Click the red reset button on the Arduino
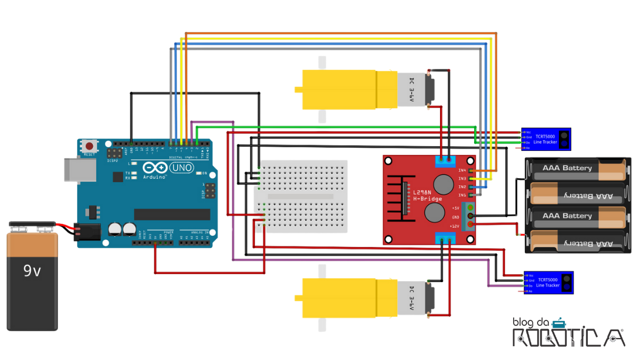tap(90, 146)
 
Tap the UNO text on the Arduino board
tap(181, 168)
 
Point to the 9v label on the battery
tap(32, 271)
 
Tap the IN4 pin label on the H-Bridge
tap(462, 170)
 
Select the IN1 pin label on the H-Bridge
tap(462, 196)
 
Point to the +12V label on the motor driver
tap(455, 226)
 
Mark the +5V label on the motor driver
tap(455, 207)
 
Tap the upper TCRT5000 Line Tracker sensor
tap(546, 139)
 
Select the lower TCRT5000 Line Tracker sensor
tap(548, 282)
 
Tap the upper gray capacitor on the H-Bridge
tap(442, 185)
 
